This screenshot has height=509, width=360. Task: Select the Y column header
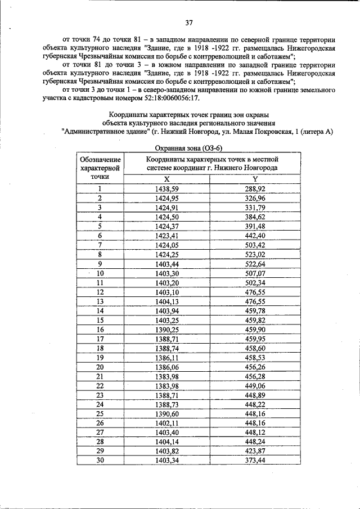255,178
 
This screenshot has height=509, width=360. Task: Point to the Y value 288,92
255,190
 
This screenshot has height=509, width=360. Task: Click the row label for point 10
100,273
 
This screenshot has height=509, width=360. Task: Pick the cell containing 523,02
255,254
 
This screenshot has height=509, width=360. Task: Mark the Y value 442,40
255,236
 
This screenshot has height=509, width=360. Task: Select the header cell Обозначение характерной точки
100,168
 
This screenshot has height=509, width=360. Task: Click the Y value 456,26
255,366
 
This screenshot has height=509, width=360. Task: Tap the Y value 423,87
255,451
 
